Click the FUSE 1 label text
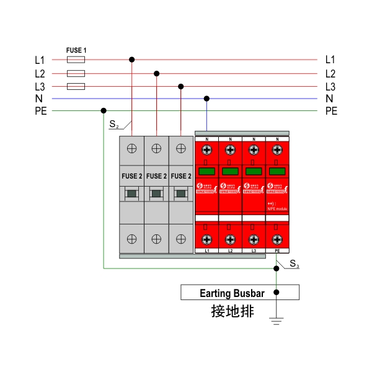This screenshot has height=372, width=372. pyautogui.click(x=76, y=50)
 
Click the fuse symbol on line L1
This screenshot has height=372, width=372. pyautogui.click(x=75, y=60)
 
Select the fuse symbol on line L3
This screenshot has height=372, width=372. pyautogui.click(x=75, y=86)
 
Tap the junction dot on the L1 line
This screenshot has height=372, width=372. pyautogui.click(x=131, y=60)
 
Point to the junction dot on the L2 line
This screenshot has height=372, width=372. pyautogui.click(x=156, y=74)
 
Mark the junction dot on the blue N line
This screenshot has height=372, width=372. pyautogui.click(x=206, y=99)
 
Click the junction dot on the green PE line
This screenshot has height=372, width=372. pyautogui.click(x=103, y=111)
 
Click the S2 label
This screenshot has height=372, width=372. pyautogui.click(x=114, y=125)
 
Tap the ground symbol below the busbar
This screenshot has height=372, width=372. pyautogui.click(x=277, y=320)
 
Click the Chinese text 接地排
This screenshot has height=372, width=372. pyautogui.click(x=232, y=311)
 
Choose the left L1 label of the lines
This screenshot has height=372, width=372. pyautogui.click(x=40, y=60)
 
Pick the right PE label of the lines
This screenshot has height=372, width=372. pyautogui.click(x=331, y=111)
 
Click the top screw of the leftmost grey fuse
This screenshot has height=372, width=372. pyautogui.click(x=131, y=148)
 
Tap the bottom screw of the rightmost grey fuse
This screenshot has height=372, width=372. pyautogui.click(x=180, y=239)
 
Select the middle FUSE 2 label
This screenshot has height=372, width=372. pyautogui.click(x=156, y=176)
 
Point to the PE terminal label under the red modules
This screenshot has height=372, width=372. pyautogui.click(x=277, y=251)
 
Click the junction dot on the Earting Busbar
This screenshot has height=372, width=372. pyautogui.click(x=277, y=292)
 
